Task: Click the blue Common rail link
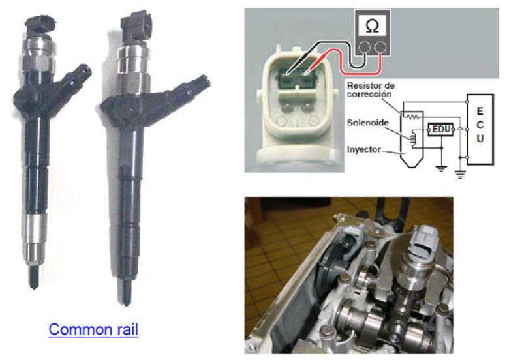(93, 329)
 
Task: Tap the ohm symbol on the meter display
(372, 26)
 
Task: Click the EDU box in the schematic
(441, 129)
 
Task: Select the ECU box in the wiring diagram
(480, 129)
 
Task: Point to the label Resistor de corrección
(371, 90)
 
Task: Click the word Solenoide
(367, 123)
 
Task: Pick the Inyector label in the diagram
(363, 149)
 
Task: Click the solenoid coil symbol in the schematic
(413, 138)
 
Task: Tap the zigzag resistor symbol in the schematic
(412, 117)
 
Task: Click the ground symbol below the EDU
(441, 168)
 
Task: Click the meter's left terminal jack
(365, 47)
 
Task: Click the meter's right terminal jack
(380, 47)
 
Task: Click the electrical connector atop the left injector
(41, 24)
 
